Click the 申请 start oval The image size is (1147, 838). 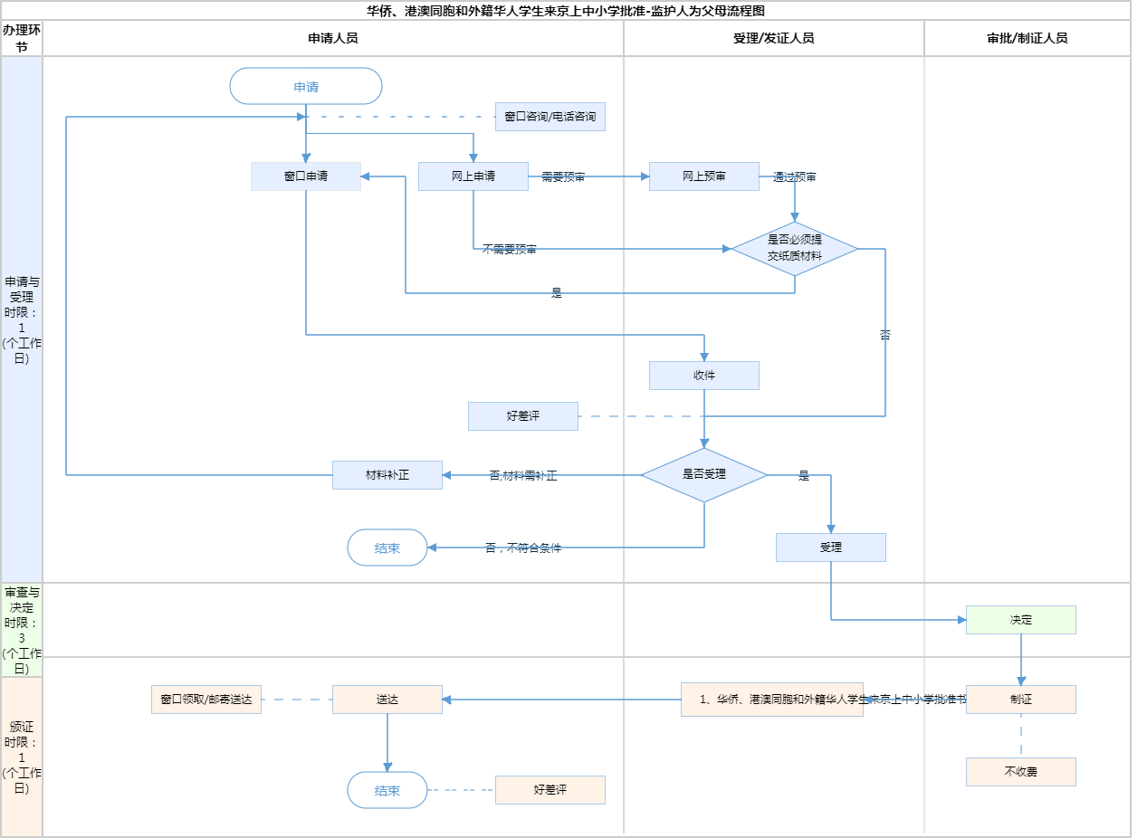(x=306, y=87)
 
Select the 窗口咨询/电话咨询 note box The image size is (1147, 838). (x=550, y=117)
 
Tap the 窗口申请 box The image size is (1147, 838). (x=306, y=176)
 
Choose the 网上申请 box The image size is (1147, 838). (x=473, y=176)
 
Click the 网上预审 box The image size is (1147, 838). (x=704, y=176)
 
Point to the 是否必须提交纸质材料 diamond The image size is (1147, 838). (x=795, y=249)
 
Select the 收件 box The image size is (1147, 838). (x=704, y=376)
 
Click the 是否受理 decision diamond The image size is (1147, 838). (x=704, y=474)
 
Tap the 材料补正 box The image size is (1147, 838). (x=387, y=475)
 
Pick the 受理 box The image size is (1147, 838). (x=831, y=548)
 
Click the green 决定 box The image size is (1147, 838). (x=1021, y=620)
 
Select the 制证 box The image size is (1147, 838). (x=1021, y=700)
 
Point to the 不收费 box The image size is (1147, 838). (x=1021, y=772)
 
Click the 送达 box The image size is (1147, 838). (x=387, y=700)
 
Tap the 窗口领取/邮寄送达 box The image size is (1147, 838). (x=206, y=700)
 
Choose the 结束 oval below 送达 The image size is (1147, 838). (x=387, y=790)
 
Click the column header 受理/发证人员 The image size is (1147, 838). (x=774, y=39)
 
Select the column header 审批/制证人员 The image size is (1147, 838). (x=1028, y=39)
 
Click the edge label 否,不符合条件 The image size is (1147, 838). (x=523, y=548)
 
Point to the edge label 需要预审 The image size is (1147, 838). (x=563, y=177)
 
